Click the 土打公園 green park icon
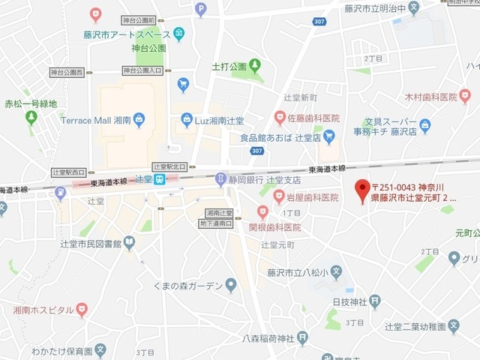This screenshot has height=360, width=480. click(x=256, y=66)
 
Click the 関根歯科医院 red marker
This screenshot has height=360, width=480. click(x=262, y=212)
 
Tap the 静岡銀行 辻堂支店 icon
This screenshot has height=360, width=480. click(x=220, y=178)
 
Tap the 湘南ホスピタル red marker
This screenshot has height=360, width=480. click(x=82, y=309)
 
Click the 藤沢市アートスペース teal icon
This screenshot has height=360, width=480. click(x=178, y=34)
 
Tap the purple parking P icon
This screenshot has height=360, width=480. click(x=200, y=9)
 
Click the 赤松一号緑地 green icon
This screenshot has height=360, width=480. click(x=31, y=118)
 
